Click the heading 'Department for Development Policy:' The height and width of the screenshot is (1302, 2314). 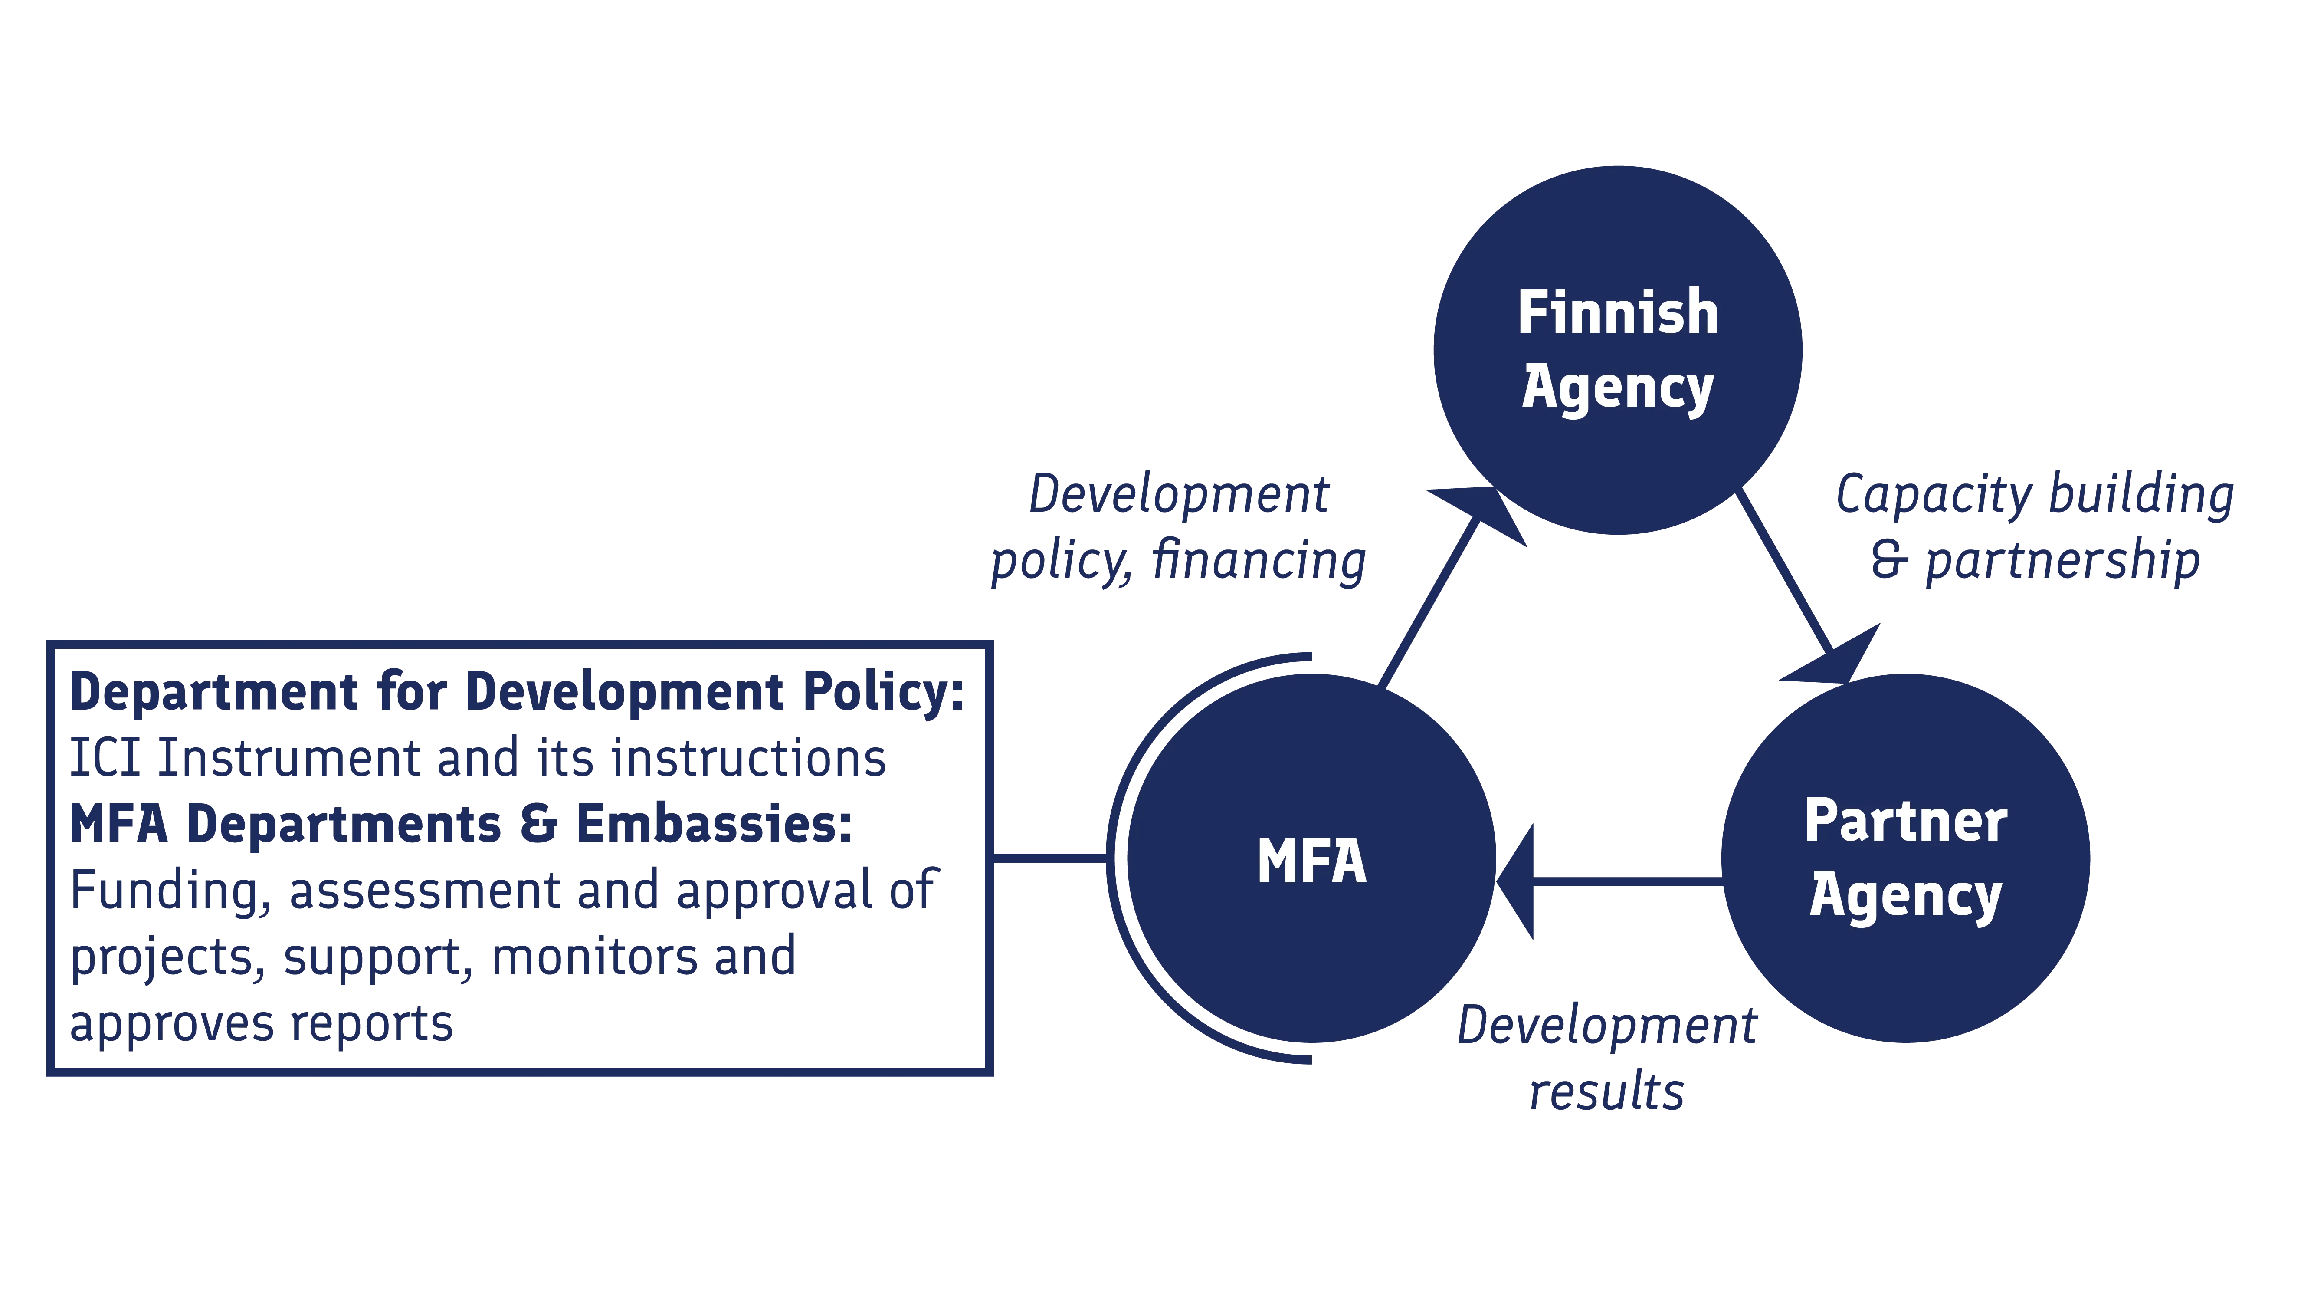(517, 693)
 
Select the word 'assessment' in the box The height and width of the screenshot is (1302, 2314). (422, 891)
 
